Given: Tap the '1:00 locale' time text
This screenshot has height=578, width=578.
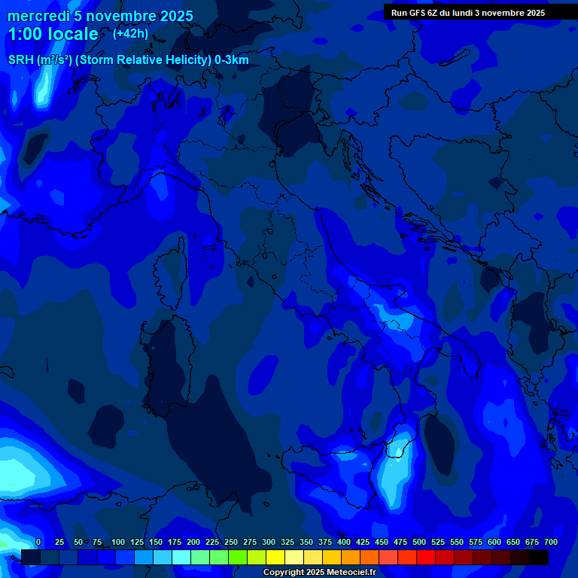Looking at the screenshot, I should coord(53,34).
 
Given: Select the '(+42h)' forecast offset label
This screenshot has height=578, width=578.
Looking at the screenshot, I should coord(130,33).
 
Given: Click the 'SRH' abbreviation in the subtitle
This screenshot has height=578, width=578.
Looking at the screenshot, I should coord(21,60).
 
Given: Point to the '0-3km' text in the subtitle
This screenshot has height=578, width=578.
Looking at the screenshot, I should coord(232,60).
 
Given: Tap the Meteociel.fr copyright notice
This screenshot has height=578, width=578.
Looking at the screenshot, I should coord(319,573).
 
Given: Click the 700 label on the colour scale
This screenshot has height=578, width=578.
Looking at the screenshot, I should coord(550,542).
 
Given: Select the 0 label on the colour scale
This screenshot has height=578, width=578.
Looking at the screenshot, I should coord(38,542).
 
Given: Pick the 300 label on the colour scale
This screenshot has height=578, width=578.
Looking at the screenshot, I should coord(268,542).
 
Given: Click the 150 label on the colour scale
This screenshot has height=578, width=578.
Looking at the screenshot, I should coord(155,542).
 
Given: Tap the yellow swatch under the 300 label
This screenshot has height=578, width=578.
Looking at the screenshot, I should coord(275,557).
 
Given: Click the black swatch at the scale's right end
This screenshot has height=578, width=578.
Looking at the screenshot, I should coord(539,557).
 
